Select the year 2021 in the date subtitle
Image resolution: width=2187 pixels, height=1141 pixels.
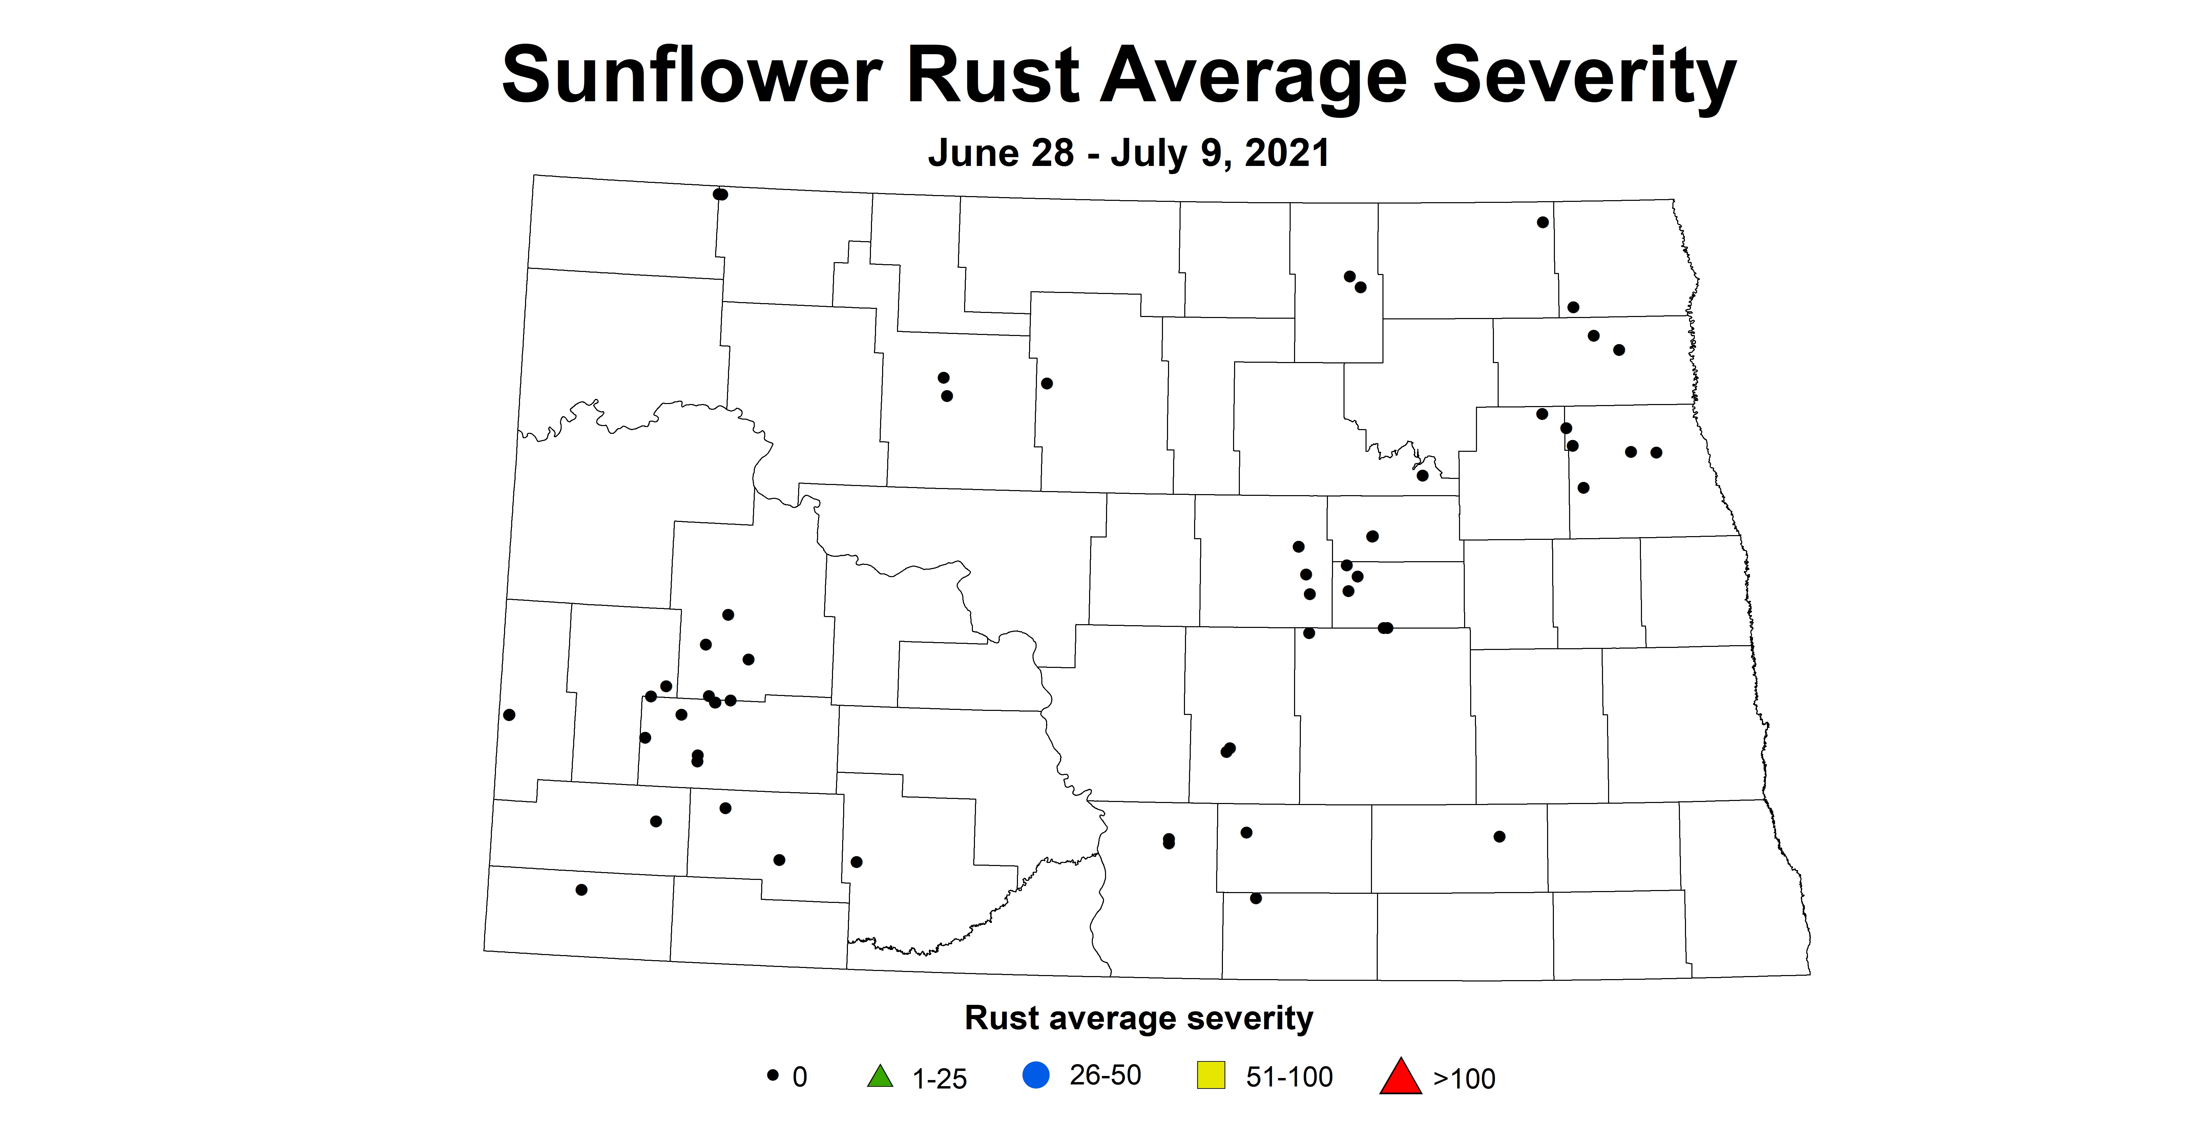click(1287, 154)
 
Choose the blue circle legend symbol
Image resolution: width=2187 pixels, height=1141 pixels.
click(1036, 1076)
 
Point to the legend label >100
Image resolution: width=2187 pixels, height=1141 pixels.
click(1464, 1078)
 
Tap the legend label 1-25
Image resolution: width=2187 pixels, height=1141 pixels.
click(939, 1078)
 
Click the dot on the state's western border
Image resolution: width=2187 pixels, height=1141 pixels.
click(509, 715)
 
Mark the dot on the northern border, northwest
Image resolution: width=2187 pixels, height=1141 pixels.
click(720, 194)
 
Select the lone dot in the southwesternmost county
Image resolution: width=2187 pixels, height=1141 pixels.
click(582, 890)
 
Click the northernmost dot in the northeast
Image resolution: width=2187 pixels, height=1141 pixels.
click(1543, 223)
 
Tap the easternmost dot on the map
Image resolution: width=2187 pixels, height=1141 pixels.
click(1655, 452)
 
